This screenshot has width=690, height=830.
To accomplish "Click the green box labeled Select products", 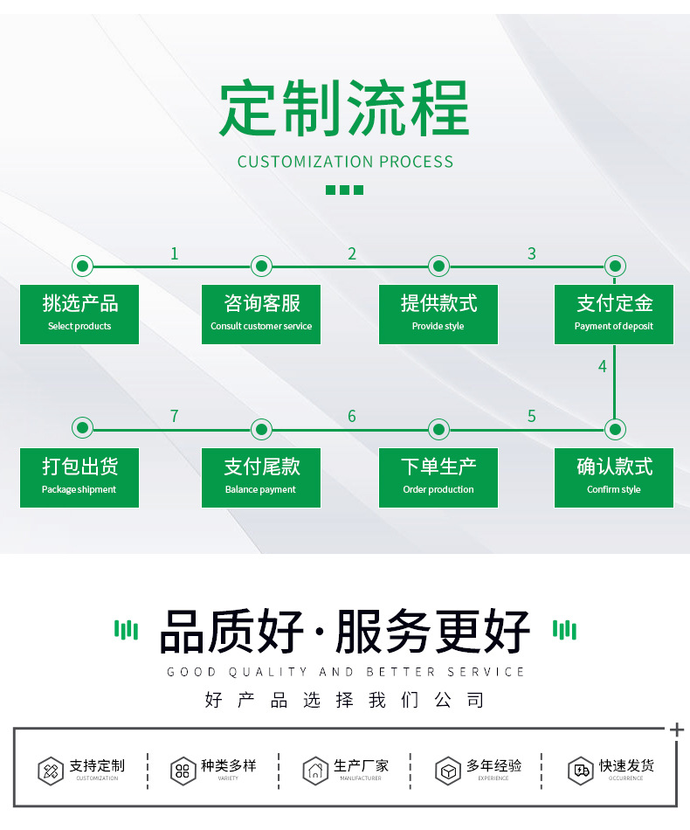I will pos(79,314).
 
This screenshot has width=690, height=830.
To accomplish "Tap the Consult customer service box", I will pos(261,314).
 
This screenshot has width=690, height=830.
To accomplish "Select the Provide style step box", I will pos(438,314).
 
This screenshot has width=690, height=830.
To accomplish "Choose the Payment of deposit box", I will pos(614,314).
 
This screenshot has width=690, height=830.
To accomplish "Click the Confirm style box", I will pos(614,477).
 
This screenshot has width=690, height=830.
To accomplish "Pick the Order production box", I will pos(438,477).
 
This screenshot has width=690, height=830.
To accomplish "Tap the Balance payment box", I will pos(261,477).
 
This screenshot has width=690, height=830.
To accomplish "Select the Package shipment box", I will pos(79,477).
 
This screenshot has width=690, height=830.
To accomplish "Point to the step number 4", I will pos(602,367).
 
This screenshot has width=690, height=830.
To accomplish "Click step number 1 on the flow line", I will pos(175,254).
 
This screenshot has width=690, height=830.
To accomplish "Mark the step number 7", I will pos(175,417).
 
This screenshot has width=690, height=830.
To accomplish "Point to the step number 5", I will pos(531,417).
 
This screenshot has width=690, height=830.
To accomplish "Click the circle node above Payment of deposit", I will pos(615,266).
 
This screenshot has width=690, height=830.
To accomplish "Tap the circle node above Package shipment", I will pos(82,428).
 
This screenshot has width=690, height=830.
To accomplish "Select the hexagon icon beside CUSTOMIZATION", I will pos(51,771).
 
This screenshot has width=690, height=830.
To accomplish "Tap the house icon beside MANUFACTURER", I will pos(314,771).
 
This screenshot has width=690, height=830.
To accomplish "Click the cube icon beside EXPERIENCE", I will pos(448,771).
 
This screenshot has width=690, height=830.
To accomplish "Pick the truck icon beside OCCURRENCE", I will pos(580,770).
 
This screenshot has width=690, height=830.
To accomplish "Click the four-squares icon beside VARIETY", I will pos(183,771).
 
